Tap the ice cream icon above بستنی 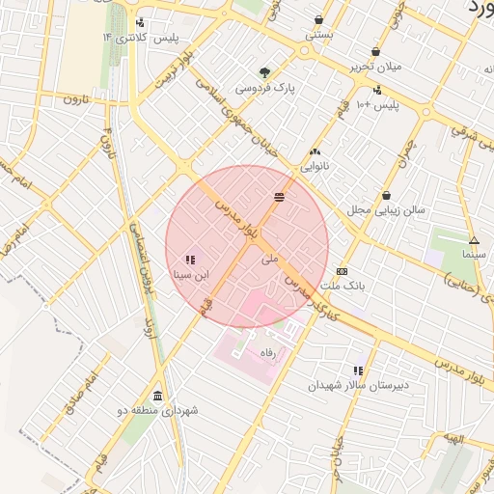(x=318, y=19)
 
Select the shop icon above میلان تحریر (x=375, y=52)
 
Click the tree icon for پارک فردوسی (x=264, y=72)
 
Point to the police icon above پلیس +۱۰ (x=376, y=90)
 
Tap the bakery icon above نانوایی (x=315, y=151)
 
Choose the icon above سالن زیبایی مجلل (x=386, y=194)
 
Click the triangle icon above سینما (x=473, y=240)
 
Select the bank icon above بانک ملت (x=343, y=271)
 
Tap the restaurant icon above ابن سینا (x=189, y=260)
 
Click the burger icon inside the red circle (x=279, y=197)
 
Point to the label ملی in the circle (x=270, y=259)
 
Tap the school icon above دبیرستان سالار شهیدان (x=358, y=370)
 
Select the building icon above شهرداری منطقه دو (x=158, y=396)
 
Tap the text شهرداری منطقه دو (x=158, y=411)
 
